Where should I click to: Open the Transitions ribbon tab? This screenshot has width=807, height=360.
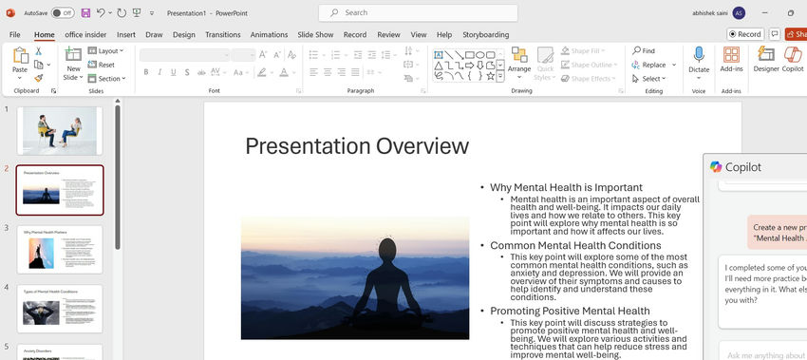pyautogui.click(x=223, y=34)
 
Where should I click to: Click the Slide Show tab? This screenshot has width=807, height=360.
pyautogui.click(x=315, y=34)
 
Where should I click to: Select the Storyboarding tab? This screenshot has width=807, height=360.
pyautogui.click(x=485, y=34)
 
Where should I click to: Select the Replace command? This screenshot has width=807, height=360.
pyautogui.click(x=653, y=65)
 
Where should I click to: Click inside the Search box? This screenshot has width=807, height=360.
pyautogui.click(x=418, y=12)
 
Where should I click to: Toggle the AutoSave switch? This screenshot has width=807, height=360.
pyautogui.click(x=63, y=12)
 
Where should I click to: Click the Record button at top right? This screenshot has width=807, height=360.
pyautogui.click(x=745, y=34)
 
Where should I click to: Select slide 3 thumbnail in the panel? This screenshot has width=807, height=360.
pyautogui.click(x=60, y=249)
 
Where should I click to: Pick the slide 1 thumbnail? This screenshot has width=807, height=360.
pyautogui.click(x=60, y=130)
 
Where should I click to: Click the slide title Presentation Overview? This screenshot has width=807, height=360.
pyautogui.click(x=357, y=145)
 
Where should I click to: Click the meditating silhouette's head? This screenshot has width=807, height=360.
pyautogui.click(x=386, y=250)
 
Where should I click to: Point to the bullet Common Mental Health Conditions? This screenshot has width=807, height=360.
pyautogui.click(x=575, y=245)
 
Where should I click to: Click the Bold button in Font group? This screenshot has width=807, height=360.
pyautogui.click(x=146, y=72)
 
